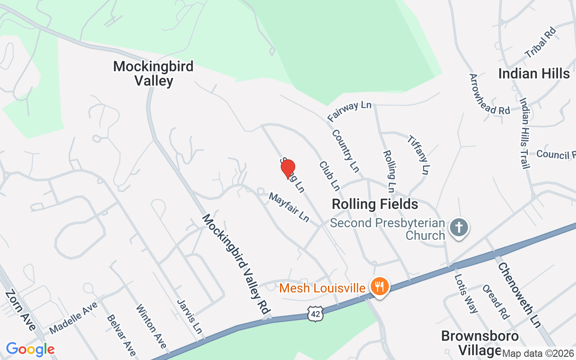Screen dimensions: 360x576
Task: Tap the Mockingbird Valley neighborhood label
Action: (153, 73)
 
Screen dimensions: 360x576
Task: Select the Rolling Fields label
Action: (374, 204)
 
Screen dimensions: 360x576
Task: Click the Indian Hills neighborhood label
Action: (534, 73)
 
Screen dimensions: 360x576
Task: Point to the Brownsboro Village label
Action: (480, 343)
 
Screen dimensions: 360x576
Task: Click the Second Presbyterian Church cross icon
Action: (459, 227)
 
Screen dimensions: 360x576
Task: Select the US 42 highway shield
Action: (315, 314)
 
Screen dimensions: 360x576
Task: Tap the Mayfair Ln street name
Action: (289, 207)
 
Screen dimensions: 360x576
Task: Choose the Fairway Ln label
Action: (350, 111)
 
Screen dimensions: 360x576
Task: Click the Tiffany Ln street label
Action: (418, 154)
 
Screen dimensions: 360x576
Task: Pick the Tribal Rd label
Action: (540, 42)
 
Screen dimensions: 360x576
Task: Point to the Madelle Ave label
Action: (73, 318)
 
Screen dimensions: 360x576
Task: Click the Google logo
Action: (30, 349)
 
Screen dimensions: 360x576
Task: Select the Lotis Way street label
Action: (466, 293)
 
